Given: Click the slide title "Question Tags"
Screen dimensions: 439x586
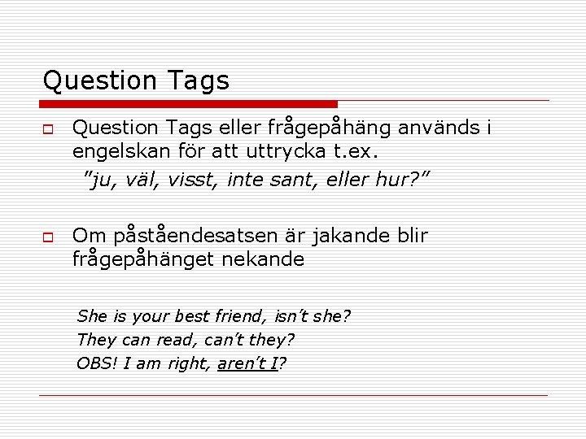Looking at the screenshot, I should click(136, 80).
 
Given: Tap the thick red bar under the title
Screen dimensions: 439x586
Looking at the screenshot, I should click(189, 104).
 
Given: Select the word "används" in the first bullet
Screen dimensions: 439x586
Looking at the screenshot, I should click(439, 128).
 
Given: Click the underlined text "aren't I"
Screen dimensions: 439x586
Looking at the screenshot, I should click(247, 363).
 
